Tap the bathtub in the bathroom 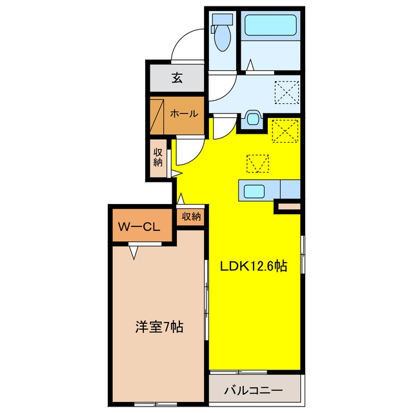tap(270, 25)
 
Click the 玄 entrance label tap(177, 78)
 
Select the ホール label tap(184, 114)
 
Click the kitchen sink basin tap(254, 191)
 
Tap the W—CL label tap(139, 227)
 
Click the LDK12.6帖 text tap(254, 267)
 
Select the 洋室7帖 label tap(159, 327)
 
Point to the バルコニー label tap(254, 390)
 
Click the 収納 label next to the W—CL tap(191, 217)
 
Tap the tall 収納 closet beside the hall tap(158, 158)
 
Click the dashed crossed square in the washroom tap(287, 92)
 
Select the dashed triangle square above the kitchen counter tap(257, 163)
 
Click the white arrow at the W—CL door tap(134, 252)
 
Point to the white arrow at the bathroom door tap(250, 65)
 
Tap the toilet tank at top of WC tap(223, 19)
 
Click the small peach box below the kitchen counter tap(289, 206)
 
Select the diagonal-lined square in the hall tap(157, 116)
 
